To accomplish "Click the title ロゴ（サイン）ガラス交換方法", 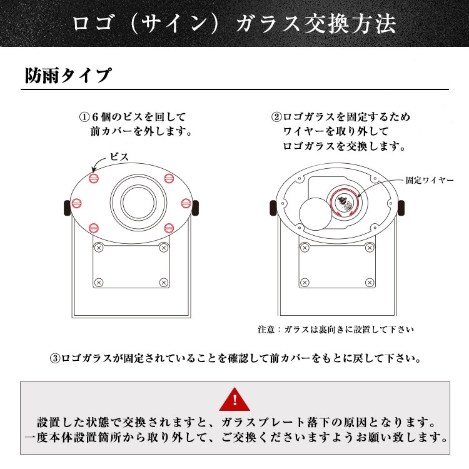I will (x=234, y=24).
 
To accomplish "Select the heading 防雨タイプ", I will (x=68, y=76).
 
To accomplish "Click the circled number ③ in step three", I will (x=55, y=359).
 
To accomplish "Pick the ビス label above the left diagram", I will (x=119, y=157).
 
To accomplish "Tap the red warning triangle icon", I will (x=234, y=398).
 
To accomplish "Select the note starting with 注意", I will (x=335, y=329).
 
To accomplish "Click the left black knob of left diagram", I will (x=66, y=207).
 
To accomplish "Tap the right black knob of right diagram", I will (x=400, y=207).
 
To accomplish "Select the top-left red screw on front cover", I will (x=94, y=179).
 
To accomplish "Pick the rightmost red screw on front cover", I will (x=186, y=201).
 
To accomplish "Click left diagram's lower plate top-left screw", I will (x=98, y=248).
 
